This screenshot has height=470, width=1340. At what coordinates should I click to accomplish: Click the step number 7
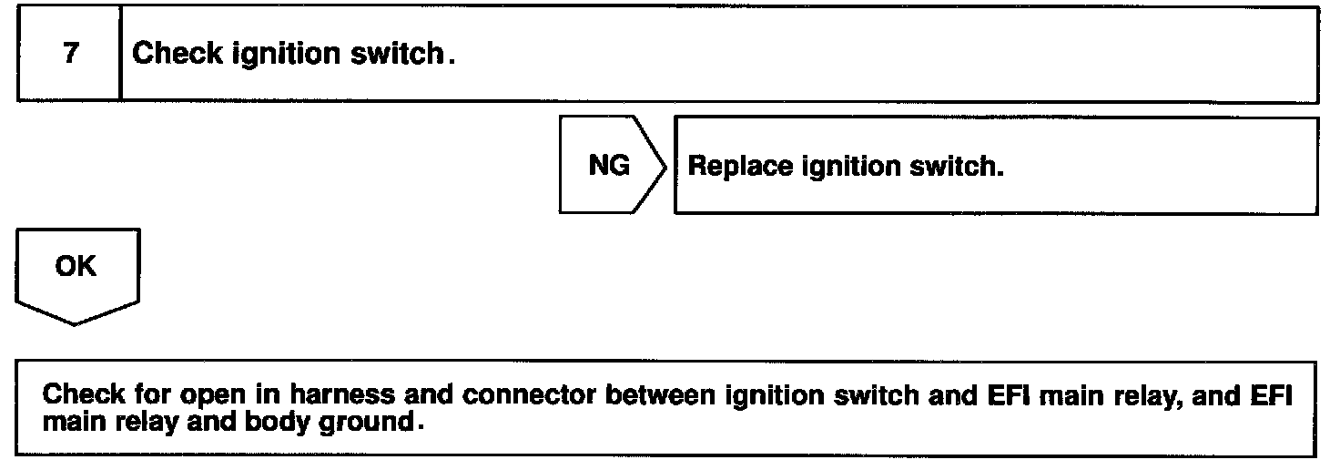click(x=71, y=54)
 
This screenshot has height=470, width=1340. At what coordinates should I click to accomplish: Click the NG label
click(x=608, y=168)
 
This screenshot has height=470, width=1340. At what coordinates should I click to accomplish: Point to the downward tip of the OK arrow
click(x=76, y=322)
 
